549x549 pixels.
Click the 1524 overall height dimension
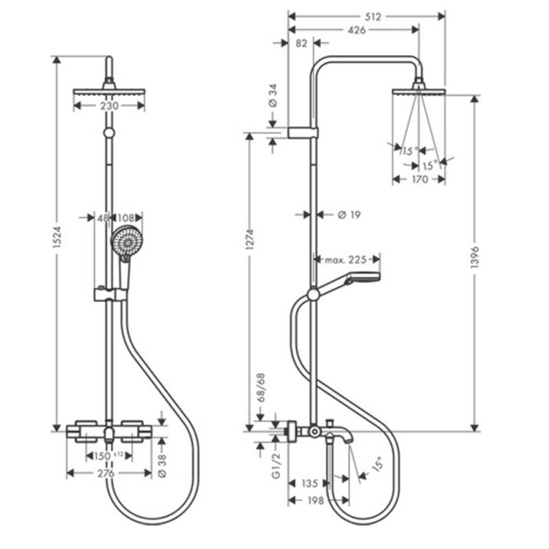tap(57, 237)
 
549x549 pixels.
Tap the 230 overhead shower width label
tap(109, 106)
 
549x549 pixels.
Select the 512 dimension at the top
tap(373, 16)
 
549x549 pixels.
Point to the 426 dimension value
tap(357, 30)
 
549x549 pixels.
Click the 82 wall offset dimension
tap(301, 43)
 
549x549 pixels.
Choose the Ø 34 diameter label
tap(272, 95)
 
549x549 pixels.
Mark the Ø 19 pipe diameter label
tap(349, 215)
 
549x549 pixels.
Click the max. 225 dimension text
tap(346, 260)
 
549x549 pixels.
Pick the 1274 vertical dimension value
tap(250, 240)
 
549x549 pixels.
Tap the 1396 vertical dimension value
tap(474, 257)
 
